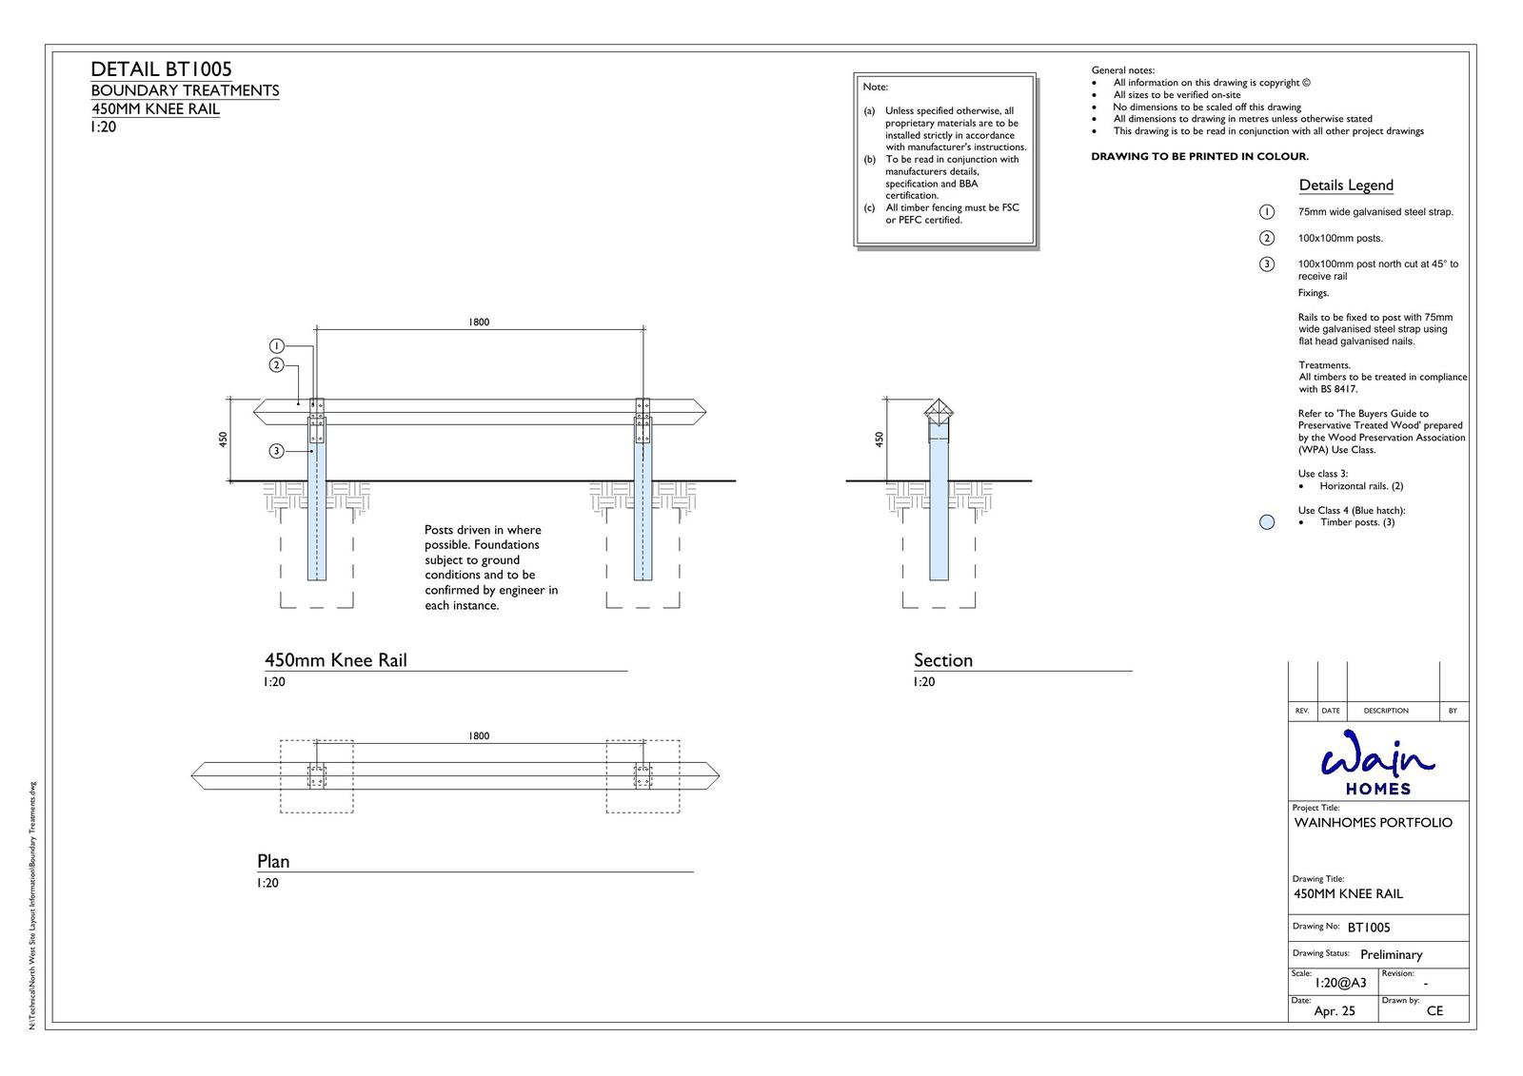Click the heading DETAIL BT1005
point(161,69)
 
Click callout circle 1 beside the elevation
point(276,345)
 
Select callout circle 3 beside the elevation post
point(276,451)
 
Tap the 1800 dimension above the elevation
point(479,323)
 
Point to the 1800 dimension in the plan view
point(479,736)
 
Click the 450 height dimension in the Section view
point(880,439)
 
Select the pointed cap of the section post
point(939,412)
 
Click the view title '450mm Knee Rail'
point(335,660)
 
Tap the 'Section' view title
point(942,660)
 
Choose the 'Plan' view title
point(273,861)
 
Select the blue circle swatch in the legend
point(1266,521)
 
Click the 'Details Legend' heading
point(1345,186)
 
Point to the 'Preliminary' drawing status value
point(1391,954)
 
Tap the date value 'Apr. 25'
point(1334,1011)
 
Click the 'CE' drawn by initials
point(1434,1011)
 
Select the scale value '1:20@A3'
point(1339,983)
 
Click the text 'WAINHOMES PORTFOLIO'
point(1373,823)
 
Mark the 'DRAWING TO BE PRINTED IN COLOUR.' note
point(1199,157)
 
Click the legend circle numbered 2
point(1266,238)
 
